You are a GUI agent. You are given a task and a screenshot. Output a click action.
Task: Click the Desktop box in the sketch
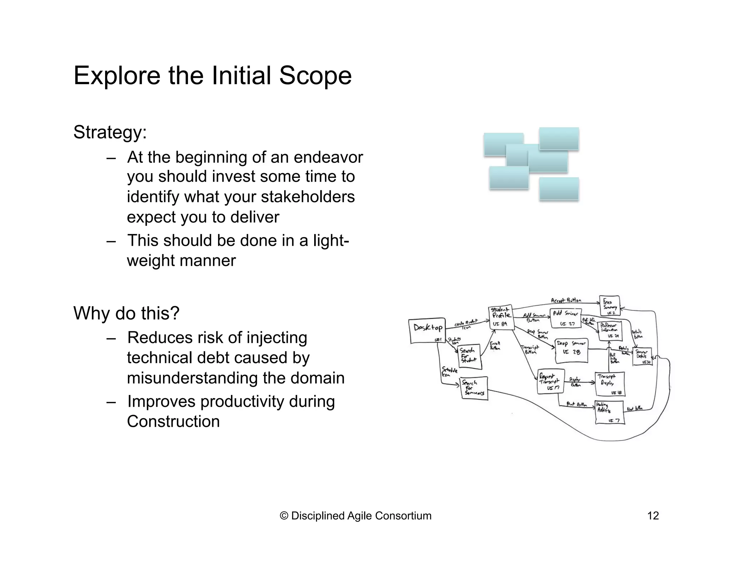(x=427, y=331)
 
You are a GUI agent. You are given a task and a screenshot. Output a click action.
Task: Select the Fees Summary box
(x=609, y=306)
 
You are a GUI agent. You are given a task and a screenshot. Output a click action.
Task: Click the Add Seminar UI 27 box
(x=566, y=318)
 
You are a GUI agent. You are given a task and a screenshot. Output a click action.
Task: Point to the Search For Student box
(x=469, y=357)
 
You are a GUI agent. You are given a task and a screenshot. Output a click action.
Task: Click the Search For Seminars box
(x=474, y=388)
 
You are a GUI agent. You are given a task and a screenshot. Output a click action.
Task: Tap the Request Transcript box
(x=551, y=382)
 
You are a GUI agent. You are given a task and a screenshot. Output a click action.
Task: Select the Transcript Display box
(x=610, y=384)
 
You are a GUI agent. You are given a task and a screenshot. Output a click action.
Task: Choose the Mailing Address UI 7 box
(x=610, y=413)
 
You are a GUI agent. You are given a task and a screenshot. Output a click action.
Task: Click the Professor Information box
(x=610, y=331)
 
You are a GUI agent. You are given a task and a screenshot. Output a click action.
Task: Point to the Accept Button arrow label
(x=566, y=301)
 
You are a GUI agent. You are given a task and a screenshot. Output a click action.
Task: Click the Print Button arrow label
(x=577, y=405)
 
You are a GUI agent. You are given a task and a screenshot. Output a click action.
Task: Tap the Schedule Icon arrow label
(x=449, y=372)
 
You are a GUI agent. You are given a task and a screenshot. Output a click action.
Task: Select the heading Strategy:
(x=110, y=132)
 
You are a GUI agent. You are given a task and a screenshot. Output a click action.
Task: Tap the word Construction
(x=173, y=421)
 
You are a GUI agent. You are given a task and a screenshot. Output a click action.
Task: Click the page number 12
(x=653, y=516)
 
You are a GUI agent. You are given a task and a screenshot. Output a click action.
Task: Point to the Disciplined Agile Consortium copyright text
(x=356, y=516)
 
